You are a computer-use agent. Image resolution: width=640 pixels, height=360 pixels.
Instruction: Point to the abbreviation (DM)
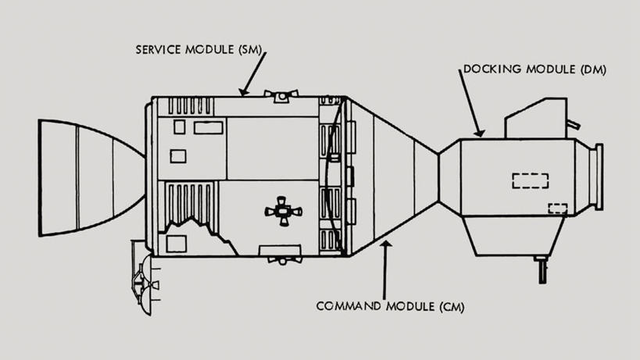click(591, 70)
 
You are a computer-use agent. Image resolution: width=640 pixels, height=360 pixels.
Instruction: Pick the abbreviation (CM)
click(449, 305)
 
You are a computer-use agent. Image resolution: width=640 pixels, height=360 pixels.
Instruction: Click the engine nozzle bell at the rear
click(86, 177)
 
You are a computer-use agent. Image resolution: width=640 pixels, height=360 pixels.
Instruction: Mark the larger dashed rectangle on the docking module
click(530, 180)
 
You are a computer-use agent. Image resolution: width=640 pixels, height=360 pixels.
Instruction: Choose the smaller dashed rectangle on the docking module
click(557, 209)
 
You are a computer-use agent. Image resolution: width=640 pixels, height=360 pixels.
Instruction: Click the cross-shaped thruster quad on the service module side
click(282, 211)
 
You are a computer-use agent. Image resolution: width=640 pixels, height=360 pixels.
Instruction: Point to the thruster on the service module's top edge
click(281, 94)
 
